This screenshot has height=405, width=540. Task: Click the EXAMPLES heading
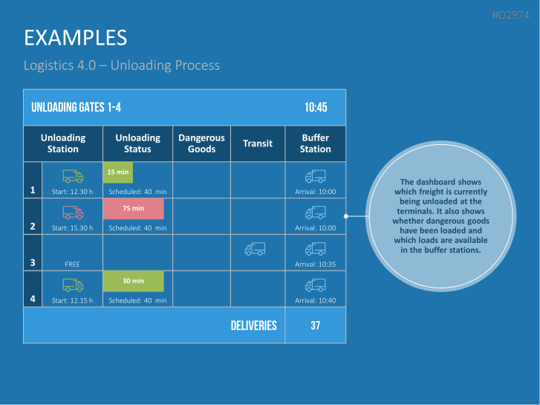[75, 37]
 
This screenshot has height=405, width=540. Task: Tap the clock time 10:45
[316, 108]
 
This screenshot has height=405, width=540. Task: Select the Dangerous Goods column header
[201, 143]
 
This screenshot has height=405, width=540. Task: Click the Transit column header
[258, 143]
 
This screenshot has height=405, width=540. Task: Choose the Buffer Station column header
[315, 143]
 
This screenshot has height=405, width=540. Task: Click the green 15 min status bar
[117, 172]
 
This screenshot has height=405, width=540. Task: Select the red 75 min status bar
[133, 209]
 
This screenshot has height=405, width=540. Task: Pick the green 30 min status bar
[133, 281]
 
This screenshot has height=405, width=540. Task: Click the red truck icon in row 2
[73, 213]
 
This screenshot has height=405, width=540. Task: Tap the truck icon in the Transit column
[255, 249]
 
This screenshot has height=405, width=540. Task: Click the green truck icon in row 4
[73, 285]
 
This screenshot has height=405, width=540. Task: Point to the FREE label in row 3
[72, 264]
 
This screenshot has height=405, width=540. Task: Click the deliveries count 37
[315, 325]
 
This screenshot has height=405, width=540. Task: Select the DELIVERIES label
[253, 325]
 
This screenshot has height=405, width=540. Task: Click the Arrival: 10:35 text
[315, 264]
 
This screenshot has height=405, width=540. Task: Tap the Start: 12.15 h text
[72, 300]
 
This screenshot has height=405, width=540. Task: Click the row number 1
[33, 190]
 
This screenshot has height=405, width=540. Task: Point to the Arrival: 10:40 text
[315, 300]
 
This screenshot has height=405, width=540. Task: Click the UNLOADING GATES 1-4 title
[76, 108]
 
